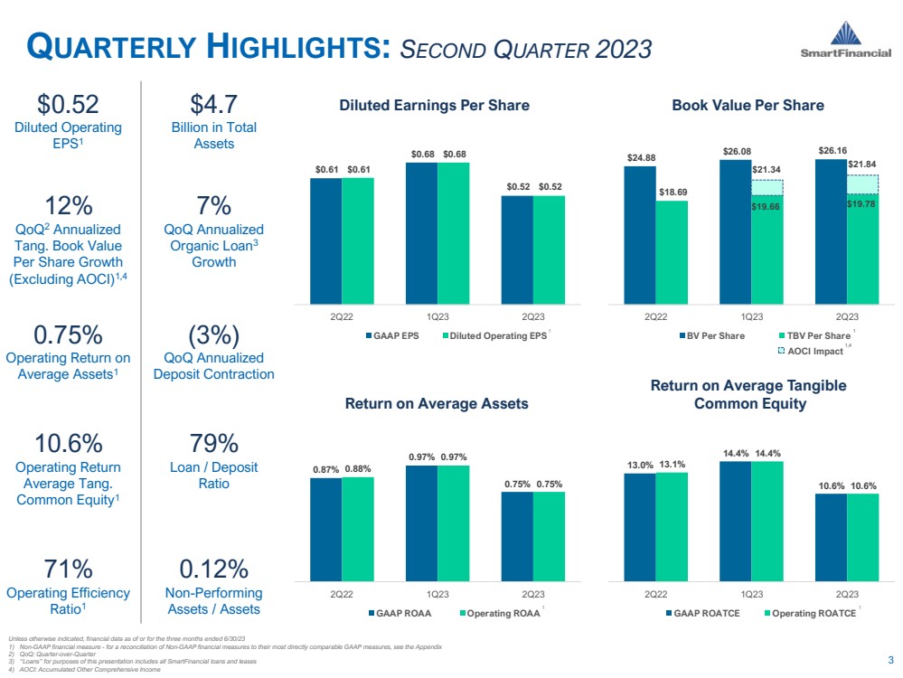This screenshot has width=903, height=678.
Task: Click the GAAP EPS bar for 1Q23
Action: pyautogui.click(x=421, y=233)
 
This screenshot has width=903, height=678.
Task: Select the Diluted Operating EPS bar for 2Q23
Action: pyautogui.click(x=549, y=250)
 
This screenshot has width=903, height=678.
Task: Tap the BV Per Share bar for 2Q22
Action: pyautogui.click(x=640, y=235)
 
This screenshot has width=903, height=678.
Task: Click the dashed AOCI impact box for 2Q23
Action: pyautogui.click(x=862, y=184)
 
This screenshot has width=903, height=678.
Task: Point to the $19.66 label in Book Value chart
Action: pyautogui.click(x=767, y=205)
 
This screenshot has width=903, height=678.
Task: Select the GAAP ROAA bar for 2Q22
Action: pyautogui.click(x=325, y=529)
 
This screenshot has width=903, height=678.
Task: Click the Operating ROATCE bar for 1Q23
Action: pyautogui.click(x=767, y=521)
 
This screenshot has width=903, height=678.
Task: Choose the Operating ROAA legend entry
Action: pyautogui.click(x=501, y=613)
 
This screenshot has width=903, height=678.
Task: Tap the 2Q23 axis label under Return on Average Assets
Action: pyautogui.click(x=532, y=594)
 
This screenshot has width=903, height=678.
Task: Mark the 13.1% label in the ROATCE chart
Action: pyautogui.click(x=672, y=466)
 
